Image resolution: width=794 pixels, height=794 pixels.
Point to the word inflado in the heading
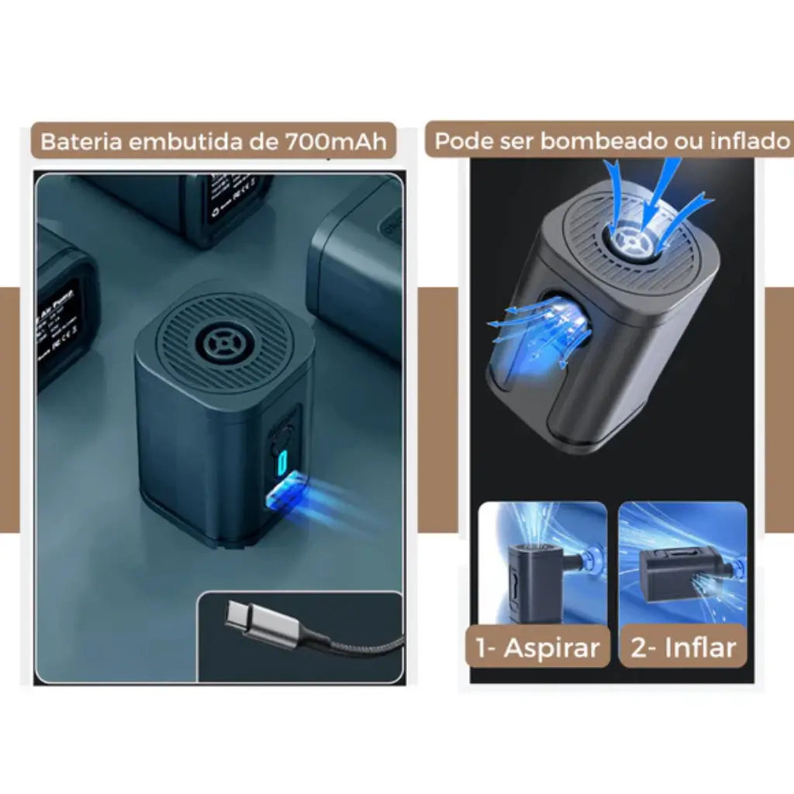[x=744, y=140]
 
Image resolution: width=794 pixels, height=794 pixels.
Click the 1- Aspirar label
[x=537, y=648]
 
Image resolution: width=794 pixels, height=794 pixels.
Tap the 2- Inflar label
[x=683, y=648]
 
